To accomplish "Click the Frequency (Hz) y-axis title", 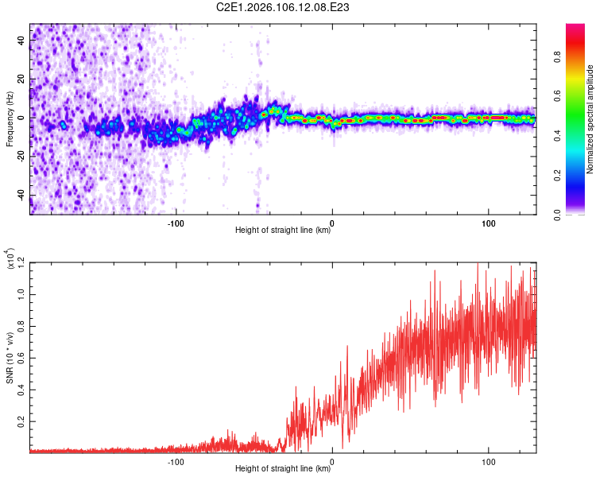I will pos(10,119).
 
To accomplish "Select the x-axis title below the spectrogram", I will pos(283,231).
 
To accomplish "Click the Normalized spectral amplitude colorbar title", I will pos(590,119).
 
